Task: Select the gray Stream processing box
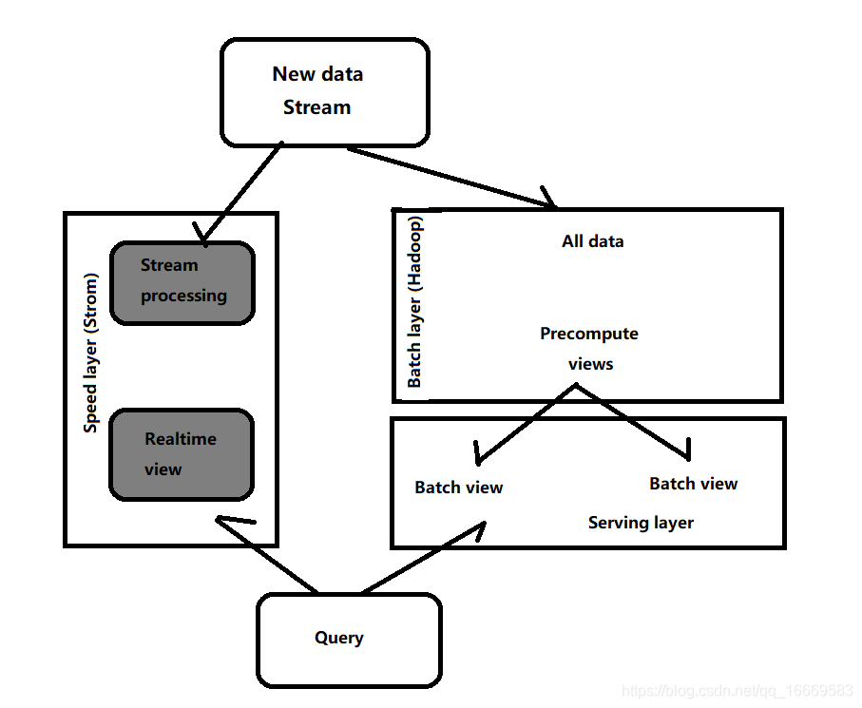click(x=182, y=282)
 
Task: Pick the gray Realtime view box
click(x=182, y=454)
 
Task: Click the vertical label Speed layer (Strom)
click(x=90, y=353)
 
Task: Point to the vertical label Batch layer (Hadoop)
click(x=415, y=302)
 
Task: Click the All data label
click(x=593, y=241)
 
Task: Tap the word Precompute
click(x=589, y=334)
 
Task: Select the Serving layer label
click(x=641, y=522)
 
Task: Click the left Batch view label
click(x=458, y=488)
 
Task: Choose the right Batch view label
click(x=693, y=484)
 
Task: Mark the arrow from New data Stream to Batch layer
click(x=450, y=178)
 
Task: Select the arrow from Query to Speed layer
click(x=267, y=554)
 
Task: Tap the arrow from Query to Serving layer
click(x=424, y=557)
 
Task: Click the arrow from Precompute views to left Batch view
click(x=526, y=424)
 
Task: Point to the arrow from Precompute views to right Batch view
click(x=632, y=421)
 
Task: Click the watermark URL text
click(x=737, y=691)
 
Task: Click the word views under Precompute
click(x=590, y=364)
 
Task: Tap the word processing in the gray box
click(x=183, y=297)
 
